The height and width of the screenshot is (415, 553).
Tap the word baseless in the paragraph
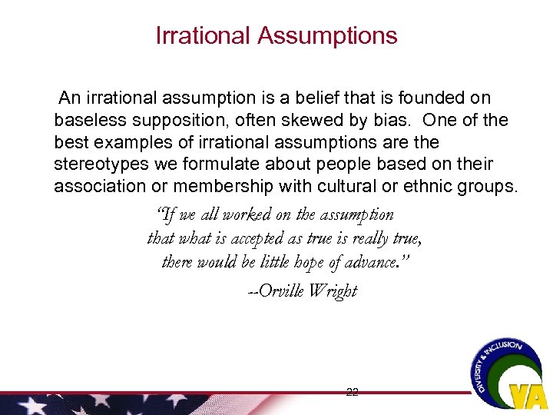point(85,121)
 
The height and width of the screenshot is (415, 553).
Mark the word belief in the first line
point(296,98)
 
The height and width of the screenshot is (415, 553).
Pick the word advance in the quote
point(377,262)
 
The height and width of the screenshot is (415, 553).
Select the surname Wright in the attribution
point(333,291)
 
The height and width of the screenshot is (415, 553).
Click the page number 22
point(352,392)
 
